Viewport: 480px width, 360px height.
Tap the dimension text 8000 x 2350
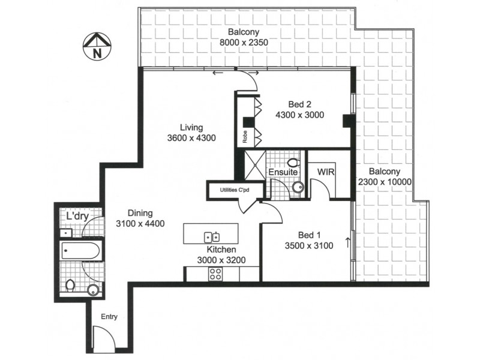click(x=243, y=43)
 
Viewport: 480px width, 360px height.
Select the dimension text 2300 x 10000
click(x=383, y=183)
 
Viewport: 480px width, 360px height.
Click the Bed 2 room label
click(x=299, y=104)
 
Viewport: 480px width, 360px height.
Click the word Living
click(x=191, y=127)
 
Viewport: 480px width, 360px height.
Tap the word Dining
click(x=140, y=213)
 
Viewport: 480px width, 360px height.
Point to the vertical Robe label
click(x=245, y=137)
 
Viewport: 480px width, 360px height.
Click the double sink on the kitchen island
click(x=212, y=236)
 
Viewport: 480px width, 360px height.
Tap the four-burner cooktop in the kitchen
click(x=215, y=274)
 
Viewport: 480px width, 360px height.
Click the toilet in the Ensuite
click(x=294, y=163)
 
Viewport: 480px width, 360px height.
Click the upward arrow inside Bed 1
click(x=347, y=243)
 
